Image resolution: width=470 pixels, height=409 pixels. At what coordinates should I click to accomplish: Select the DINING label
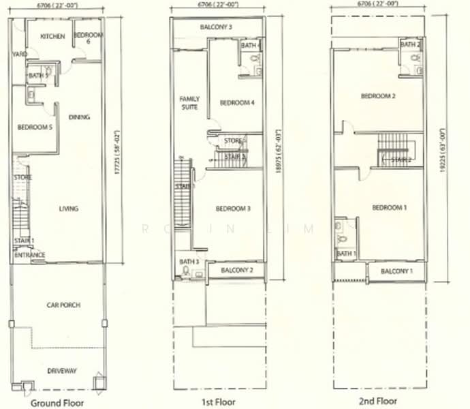click(80, 117)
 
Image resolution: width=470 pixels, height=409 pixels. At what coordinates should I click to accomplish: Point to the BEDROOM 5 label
click(35, 127)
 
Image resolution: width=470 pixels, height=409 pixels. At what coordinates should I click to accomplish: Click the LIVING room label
click(68, 209)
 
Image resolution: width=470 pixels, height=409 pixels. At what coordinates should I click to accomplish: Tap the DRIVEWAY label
click(62, 370)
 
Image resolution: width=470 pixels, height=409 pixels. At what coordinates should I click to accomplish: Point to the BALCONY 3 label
click(216, 27)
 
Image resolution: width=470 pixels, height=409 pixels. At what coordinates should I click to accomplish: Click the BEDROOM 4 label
click(237, 103)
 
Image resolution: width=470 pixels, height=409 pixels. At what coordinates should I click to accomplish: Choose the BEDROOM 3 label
click(234, 209)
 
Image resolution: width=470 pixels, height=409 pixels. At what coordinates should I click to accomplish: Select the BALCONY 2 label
click(236, 271)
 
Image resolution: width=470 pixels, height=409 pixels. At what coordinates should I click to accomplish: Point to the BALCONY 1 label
click(397, 272)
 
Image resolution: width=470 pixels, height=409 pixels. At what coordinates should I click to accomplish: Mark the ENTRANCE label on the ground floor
click(30, 256)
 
